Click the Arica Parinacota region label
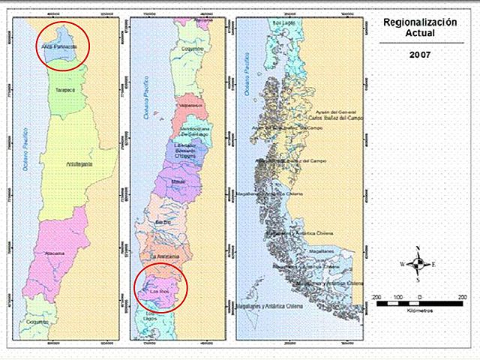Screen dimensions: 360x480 (x=61, y=46)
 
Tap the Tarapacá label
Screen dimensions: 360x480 (x=66, y=89)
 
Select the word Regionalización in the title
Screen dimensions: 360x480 (x=418, y=24)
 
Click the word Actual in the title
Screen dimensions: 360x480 (x=418, y=34)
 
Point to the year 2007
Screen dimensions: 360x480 (x=418, y=55)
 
